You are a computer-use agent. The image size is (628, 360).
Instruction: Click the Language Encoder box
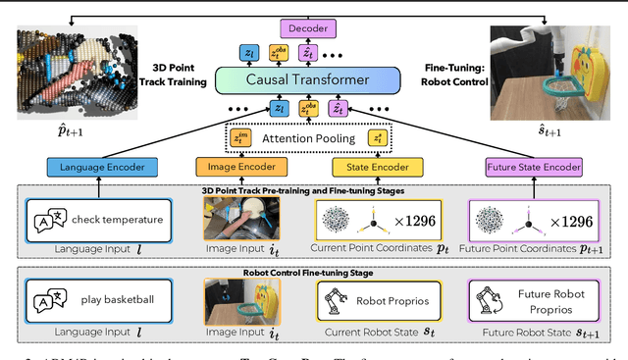[x=95, y=168]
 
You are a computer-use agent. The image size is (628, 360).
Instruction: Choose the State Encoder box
[x=372, y=168]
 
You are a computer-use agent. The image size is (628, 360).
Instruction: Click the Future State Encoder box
[x=536, y=168]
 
